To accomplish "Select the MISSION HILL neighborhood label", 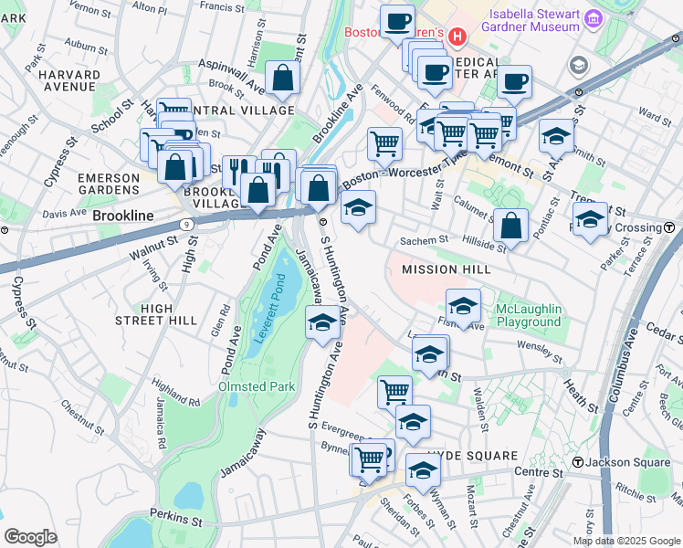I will tap(447, 269).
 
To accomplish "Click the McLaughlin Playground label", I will tap(528, 315).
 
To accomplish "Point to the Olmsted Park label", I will tap(257, 386).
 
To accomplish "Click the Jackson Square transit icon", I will tap(578, 463).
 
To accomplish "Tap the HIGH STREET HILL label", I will tap(156, 314).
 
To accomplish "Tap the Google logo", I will tap(30, 537).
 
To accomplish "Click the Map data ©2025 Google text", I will tap(626, 541).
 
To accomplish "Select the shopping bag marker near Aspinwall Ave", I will tap(282, 79).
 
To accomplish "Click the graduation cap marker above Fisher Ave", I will tap(463, 306).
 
